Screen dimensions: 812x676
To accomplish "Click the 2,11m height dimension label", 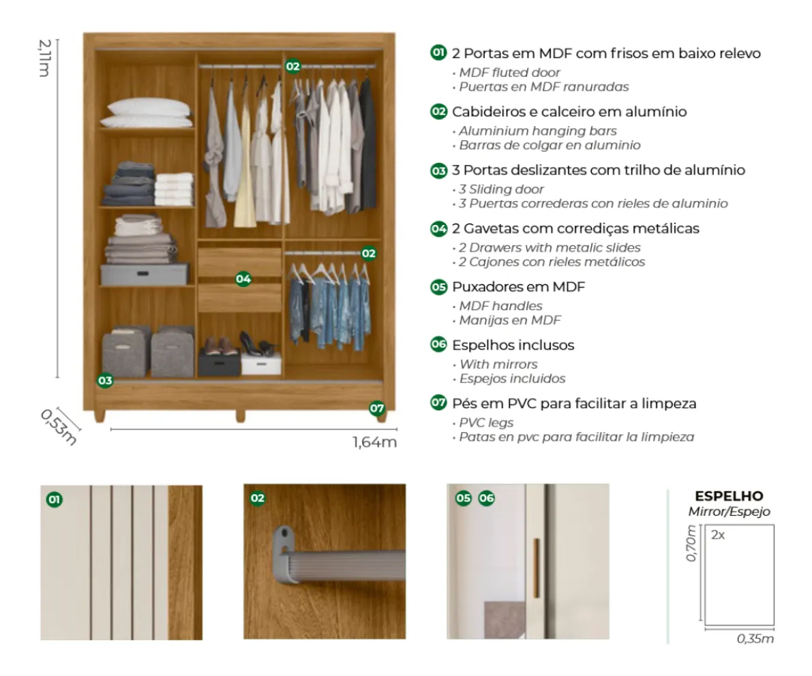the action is [44, 58].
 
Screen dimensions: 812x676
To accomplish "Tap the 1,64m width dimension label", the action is [374, 442].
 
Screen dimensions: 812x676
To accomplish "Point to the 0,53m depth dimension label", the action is [58, 427].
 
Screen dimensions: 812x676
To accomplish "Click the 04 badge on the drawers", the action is [243, 279].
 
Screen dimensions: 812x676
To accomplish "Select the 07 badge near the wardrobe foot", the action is [376, 408].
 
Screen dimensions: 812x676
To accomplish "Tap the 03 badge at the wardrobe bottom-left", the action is [105, 380].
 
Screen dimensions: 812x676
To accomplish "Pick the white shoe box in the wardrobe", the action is [261, 363].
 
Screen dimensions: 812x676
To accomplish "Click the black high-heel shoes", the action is [258, 345].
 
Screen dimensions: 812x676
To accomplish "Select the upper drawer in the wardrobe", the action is [239, 262].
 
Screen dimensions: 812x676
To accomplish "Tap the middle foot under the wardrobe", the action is [240, 416].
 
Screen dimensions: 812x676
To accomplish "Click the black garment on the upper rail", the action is [367, 144].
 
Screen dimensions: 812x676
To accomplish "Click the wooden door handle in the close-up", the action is [537, 568].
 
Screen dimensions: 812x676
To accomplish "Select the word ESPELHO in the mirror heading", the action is [729, 496].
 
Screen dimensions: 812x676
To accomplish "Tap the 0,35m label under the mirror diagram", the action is [755, 639].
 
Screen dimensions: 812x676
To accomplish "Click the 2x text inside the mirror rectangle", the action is [718, 535].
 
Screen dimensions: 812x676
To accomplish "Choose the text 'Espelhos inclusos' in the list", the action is [513, 345].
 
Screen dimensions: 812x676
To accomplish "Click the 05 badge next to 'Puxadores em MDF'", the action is [438, 287].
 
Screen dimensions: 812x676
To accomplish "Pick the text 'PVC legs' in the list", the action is [486, 423].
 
